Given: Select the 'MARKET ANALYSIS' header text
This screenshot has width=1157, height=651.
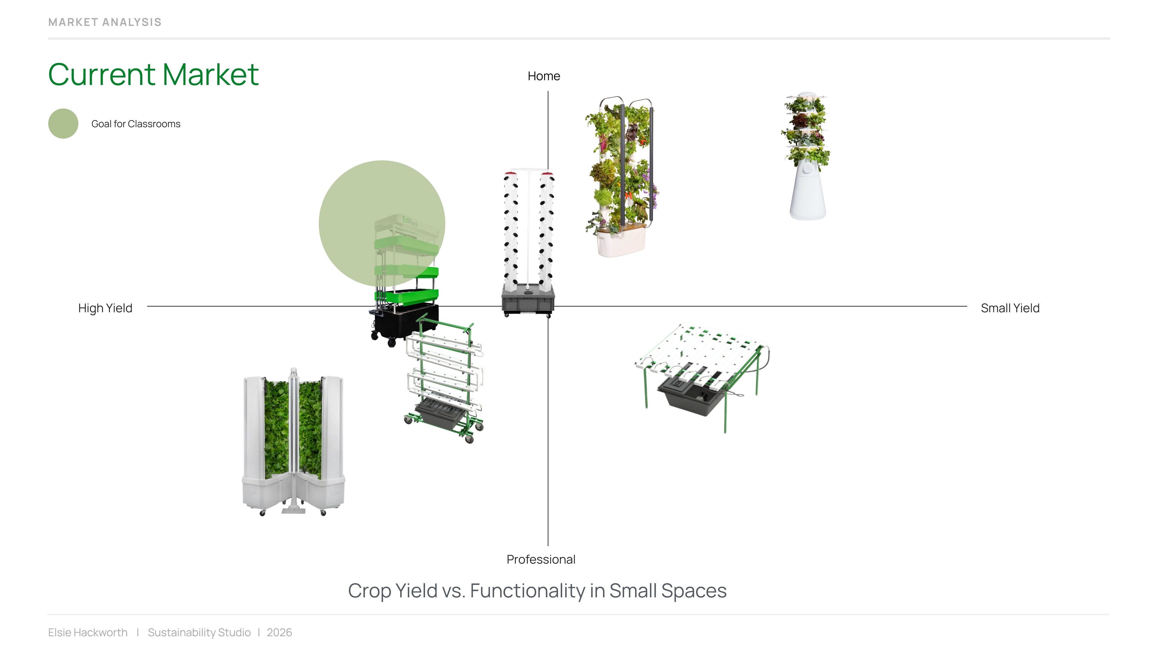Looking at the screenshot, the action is tap(105, 22).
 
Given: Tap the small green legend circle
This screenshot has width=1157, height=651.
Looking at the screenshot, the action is tap(63, 124).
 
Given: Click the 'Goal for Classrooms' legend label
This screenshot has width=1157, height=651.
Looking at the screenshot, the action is tap(136, 124).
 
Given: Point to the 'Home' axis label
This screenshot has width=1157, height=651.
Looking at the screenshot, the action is tap(544, 76).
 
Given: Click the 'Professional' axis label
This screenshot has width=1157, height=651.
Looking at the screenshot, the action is tap(541, 559).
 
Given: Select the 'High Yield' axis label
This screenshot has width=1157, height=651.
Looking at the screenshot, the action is tap(105, 308).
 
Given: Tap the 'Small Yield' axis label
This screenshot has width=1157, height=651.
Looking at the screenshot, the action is tap(1010, 308).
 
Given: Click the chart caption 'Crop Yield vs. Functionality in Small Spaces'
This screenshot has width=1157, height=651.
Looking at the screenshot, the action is tap(537, 591).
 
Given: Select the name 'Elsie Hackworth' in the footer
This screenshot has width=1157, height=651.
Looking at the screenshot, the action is tap(88, 633).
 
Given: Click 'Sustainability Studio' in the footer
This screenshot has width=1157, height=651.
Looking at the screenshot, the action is tap(199, 633).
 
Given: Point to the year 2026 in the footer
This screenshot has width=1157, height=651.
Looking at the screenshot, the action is tap(279, 633).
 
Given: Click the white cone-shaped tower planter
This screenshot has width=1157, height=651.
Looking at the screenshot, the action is tap(807, 193).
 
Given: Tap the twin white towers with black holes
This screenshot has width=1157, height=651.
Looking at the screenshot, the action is tap(528, 229).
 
